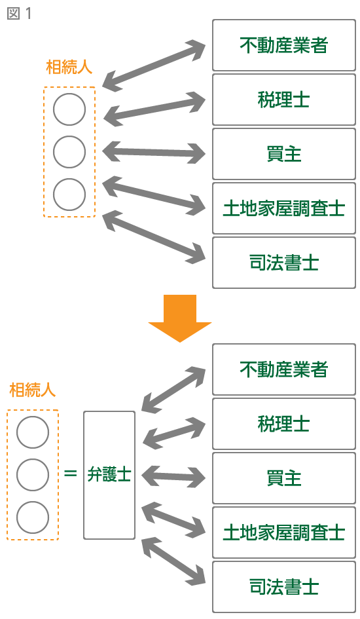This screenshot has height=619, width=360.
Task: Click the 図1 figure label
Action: pyautogui.click(x=19, y=13)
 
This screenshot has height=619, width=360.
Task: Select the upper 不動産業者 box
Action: pyautogui.click(x=284, y=45)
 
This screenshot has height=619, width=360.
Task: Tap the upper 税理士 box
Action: pyautogui.click(x=284, y=100)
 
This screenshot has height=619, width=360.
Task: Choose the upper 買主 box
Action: pyautogui.click(x=284, y=154)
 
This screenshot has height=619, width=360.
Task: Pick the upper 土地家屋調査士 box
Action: pyautogui.click(x=284, y=208)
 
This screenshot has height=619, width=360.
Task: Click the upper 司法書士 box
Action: pyautogui.click(x=284, y=263)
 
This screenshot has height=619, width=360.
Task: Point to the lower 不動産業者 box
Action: pyautogui.click(x=284, y=369)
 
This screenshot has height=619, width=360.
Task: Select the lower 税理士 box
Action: pyautogui.click(x=284, y=424)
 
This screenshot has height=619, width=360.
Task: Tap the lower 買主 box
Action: pyautogui.click(x=284, y=478)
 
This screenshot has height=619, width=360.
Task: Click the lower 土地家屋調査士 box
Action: pyautogui.click(x=284, y=533)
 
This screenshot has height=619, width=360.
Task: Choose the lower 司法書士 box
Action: pyautogui.click(x=284, y=587)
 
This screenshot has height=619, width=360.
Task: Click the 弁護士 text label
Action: pyautogui.click(x=109, y=474)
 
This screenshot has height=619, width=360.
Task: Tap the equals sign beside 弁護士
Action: pyautogui.click(x=71, y=473)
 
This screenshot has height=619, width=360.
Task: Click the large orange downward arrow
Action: pyautogui.click(x=180, y=318)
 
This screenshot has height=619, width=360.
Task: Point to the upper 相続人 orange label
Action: pyautogui.click(x=69, y=67)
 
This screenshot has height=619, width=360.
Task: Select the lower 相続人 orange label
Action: pyautogui.click(x=32, y=390)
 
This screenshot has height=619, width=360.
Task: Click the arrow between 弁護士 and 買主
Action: pyautogui.click(x=173, y=477)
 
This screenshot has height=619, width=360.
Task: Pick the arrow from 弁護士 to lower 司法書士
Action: pyautogui.click(x=173, y=561)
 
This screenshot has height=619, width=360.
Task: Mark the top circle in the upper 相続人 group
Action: pyautogui.click(x=69, y=109)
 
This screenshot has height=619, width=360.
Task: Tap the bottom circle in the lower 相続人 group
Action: pyautogui.click(x=33, y=517)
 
